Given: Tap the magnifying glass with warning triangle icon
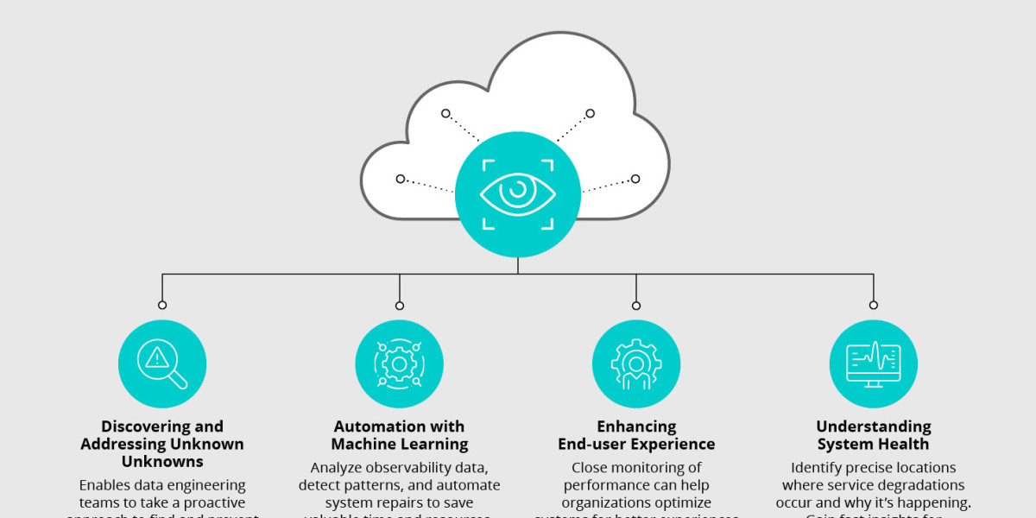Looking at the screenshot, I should coord(162,363).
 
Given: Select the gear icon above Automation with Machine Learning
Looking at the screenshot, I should coord(399,363).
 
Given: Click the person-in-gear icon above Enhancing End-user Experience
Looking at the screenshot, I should coord(636,363).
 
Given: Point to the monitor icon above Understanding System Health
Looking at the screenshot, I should coord(873,363).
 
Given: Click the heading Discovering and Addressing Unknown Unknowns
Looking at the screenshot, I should coord(162,444).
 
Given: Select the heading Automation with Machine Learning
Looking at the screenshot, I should coord(399,435).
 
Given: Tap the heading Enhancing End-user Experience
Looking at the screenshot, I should coord(636,435).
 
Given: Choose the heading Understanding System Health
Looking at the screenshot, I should coord(873,435).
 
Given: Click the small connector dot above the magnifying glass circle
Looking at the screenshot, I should coord(162,305).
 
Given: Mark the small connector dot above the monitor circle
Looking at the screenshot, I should coord(873,305).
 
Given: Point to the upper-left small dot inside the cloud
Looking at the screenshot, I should coord(445,113).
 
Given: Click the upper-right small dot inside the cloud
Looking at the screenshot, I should coord(591,113).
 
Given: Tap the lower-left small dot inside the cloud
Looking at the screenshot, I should coord(401,179).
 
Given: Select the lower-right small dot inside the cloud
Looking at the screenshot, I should coord(635,179).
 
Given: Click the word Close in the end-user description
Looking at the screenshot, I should coord(590,468).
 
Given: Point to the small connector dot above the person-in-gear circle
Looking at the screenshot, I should coord(636,305).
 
